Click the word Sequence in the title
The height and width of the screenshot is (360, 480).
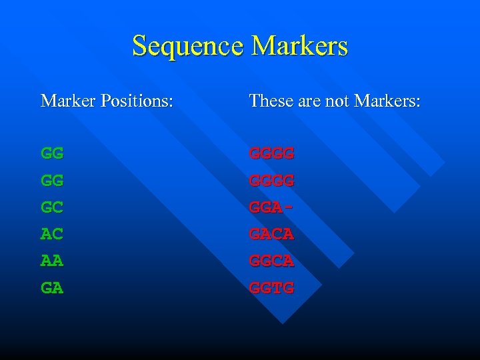188,46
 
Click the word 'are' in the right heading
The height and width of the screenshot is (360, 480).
304,101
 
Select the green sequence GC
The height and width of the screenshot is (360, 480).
52,207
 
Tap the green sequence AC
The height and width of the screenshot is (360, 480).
52,234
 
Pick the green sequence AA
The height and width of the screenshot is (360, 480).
52,261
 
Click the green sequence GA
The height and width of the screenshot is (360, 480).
52,288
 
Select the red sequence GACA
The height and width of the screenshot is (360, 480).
271,234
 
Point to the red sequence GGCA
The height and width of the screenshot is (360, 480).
271,261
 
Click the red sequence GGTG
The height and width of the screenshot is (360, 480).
271,288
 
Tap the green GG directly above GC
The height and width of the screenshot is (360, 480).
52,180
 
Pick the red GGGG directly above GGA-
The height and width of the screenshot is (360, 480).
271,180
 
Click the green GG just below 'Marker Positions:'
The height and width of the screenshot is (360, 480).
52,153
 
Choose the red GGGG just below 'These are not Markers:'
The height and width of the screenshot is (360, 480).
271,153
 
